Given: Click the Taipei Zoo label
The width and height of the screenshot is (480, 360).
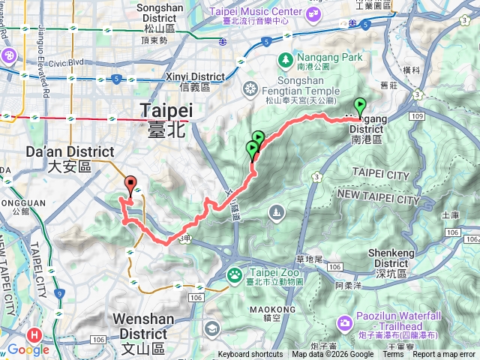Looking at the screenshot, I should coord(260,275).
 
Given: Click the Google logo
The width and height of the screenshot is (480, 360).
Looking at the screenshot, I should coord(28,349).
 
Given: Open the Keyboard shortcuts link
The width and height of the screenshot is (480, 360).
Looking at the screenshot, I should coord(250,355).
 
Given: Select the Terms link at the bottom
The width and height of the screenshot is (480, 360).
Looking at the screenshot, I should coord(392,355).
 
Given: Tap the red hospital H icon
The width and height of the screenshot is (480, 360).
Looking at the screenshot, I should coord(34,335).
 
